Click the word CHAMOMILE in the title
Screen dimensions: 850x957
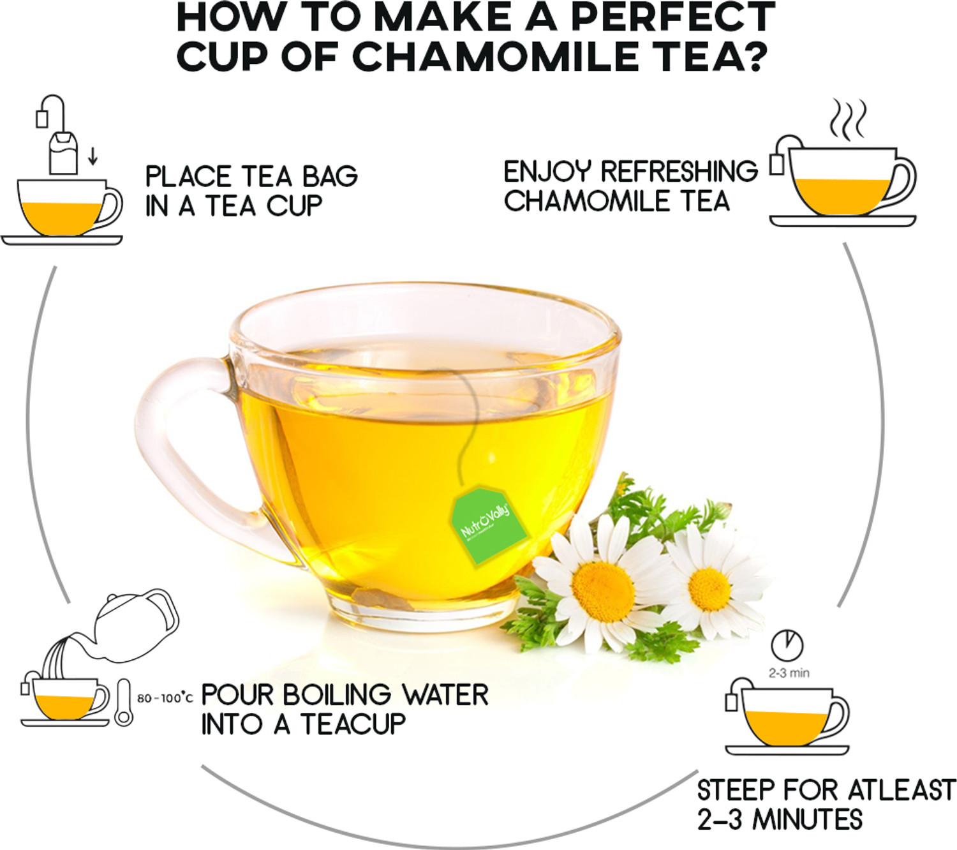pyautogui.click(x=494, y=56)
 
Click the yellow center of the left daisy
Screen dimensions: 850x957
pyautogui.click(x=603, y=591)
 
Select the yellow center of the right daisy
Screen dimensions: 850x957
pyautogui.click(x=709, y=588)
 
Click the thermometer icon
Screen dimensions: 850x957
pyautogui.click(x=123, y=703)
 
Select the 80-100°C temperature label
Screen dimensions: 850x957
pyautogui.click(x=165, y=698)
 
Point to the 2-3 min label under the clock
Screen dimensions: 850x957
pyautogui.click(x=789, y=673)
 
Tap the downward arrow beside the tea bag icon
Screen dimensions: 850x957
pyautogui.click(x=93, y=155)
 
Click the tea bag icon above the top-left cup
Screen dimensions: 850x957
pyautogui.click(x=63, y=153)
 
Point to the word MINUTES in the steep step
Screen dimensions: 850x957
pyautogui.click(x=807, y=819)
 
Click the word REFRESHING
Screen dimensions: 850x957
pyautogui.click(x=679, y=172)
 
